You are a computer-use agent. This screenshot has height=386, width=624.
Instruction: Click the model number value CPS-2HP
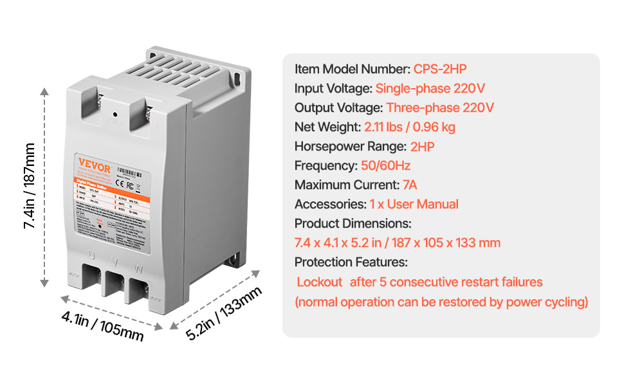tap(439, 69)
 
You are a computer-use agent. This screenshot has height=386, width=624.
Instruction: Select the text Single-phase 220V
tap(430, 88)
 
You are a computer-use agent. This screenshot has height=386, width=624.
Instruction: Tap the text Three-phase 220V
tap(440, 107)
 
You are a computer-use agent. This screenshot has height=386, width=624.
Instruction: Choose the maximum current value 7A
tap(410, 185)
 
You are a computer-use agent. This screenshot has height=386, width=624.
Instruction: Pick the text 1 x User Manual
tap(414, 204)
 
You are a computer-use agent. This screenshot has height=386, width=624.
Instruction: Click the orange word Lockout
tap(320, 282)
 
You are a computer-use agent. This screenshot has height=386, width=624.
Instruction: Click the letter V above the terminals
tap(115, 262)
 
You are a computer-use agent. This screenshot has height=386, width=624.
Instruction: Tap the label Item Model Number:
tap(353, 69)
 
